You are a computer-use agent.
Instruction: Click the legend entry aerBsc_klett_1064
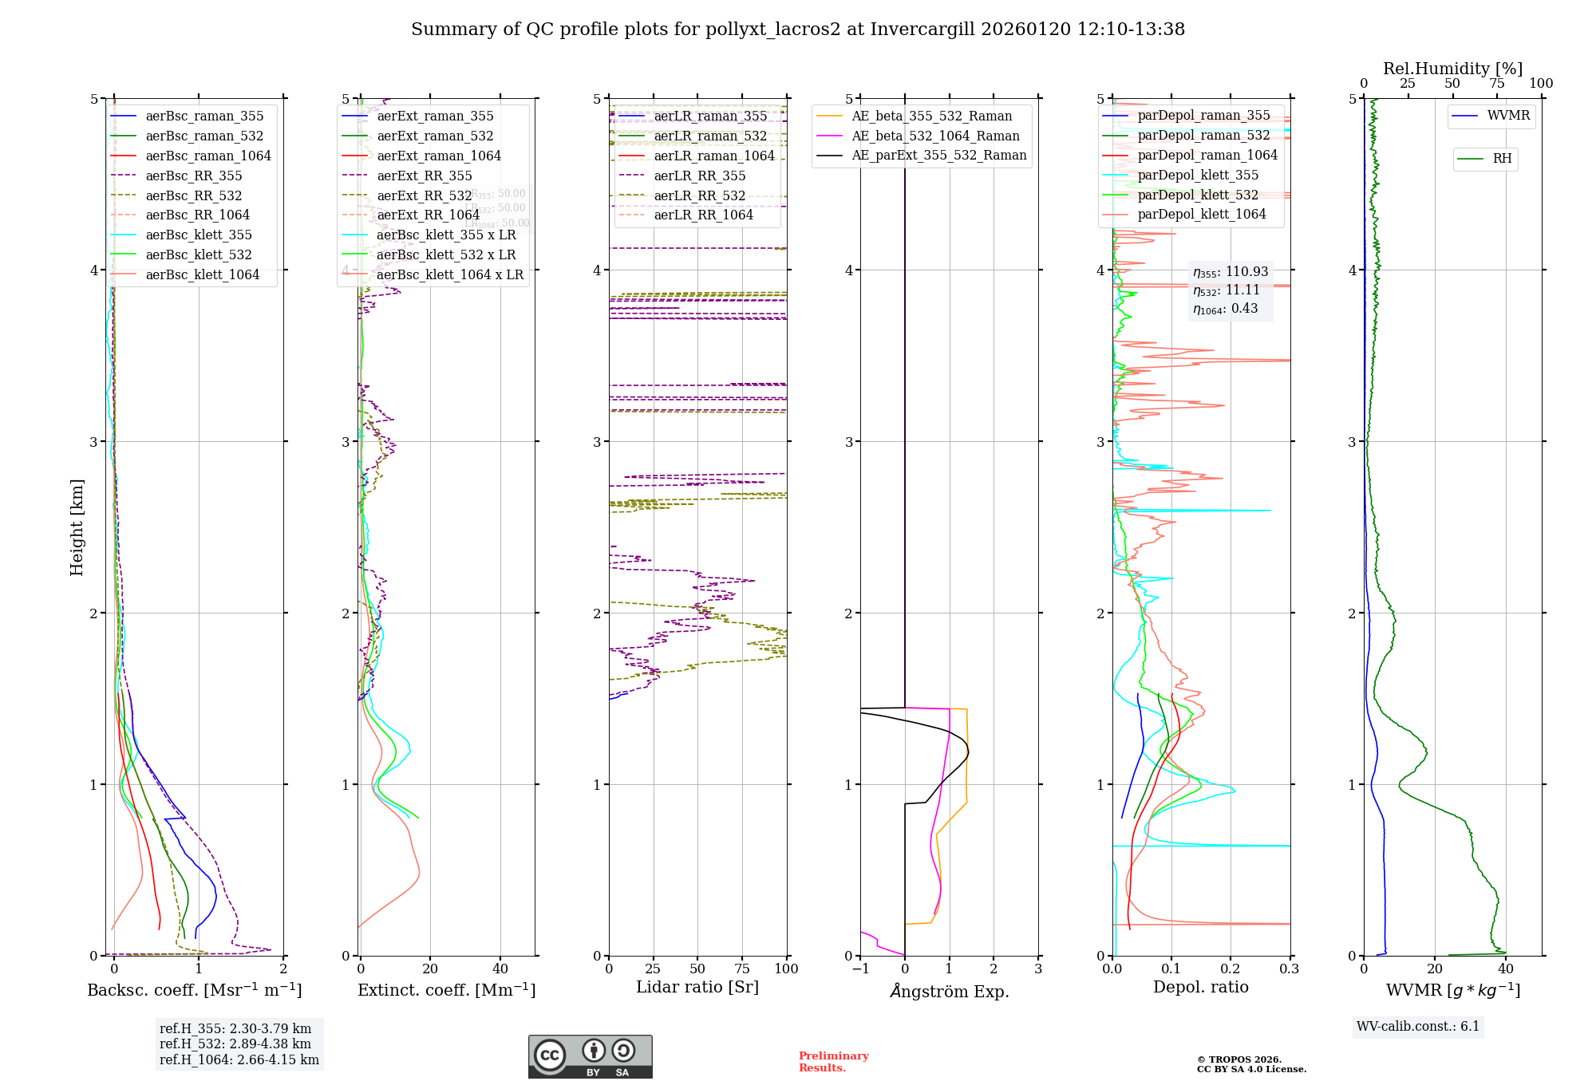click(202, 274)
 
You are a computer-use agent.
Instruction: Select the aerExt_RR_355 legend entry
click(424, 176)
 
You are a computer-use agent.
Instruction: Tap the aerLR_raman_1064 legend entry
click(713, 156)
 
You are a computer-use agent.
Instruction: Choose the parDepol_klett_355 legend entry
click(1197, 175)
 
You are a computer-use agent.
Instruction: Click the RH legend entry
click(1502, 159)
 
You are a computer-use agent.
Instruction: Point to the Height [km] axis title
click(77, 527)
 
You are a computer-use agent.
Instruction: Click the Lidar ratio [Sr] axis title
click(697, 987)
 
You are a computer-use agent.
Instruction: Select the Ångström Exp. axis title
click(949, 991)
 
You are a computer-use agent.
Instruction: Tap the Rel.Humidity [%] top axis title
click(1452, 69)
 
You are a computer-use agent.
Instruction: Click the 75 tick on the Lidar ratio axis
click(742, 969)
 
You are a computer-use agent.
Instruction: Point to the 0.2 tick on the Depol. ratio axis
click(1231, 969)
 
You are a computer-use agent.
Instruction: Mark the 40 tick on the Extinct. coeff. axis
click(500, 969)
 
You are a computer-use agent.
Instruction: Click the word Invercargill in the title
click(922, 30)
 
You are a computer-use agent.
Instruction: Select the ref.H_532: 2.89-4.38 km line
click(235, 1044)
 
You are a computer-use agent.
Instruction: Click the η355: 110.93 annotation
click(1230, 272)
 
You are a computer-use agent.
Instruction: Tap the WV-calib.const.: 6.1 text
click(1418, 1026)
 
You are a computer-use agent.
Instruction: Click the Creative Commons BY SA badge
click(590, 1056)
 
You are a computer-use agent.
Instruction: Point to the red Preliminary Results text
click(833, 1062)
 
